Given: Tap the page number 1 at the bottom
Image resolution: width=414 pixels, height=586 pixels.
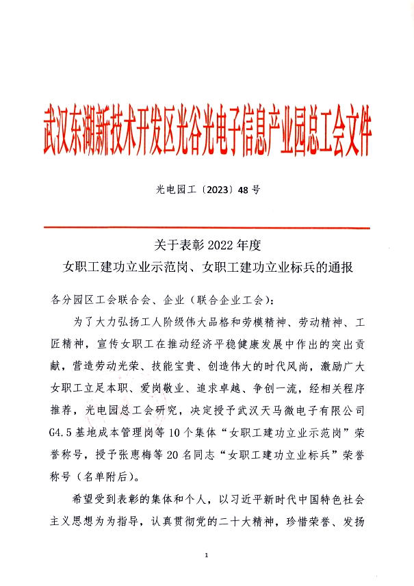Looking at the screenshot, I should (x=206, y=555).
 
